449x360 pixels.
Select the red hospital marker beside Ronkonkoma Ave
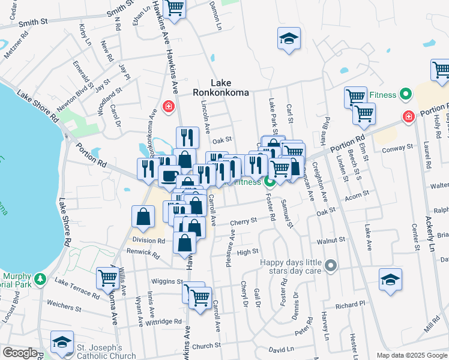[169, 107]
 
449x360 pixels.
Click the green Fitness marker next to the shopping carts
[406, 94]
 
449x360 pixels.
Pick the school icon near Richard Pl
[390, 280]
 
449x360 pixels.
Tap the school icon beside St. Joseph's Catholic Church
[61, 342]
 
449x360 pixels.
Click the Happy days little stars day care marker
[330, 265]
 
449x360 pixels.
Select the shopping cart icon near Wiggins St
[107, 278]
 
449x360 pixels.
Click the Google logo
[20, 353]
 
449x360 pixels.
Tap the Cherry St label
[244, 221]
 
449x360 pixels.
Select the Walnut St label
[334, 239]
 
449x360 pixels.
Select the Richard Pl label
[350, 305]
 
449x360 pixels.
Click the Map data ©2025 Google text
[411, 355]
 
